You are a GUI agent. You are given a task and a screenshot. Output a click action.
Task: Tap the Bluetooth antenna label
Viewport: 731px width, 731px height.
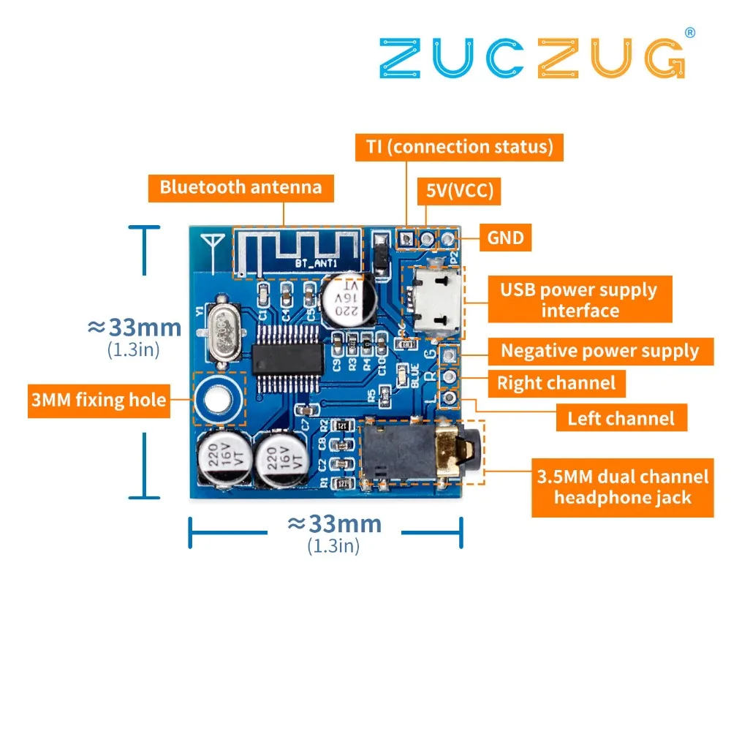point(240,187)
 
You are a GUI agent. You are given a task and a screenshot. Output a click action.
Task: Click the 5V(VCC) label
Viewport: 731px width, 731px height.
point(460,192)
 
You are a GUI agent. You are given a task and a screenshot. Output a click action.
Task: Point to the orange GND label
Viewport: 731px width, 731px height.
point(505,238)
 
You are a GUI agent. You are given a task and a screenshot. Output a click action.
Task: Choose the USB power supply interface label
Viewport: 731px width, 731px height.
point(579,300)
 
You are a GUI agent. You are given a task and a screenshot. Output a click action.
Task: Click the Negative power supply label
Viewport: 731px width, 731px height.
point(599,351)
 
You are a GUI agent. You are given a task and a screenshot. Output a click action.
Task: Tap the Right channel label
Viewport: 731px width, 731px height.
point(556,382)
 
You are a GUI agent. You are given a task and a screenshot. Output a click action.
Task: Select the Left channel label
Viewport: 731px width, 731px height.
point(621,418)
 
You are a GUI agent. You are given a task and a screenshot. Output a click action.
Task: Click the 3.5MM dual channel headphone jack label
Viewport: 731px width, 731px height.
point(622,488)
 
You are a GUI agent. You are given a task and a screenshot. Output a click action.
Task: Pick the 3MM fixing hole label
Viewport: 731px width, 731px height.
point(98,400)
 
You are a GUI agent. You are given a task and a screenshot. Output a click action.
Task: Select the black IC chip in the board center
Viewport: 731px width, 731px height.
point(288,357)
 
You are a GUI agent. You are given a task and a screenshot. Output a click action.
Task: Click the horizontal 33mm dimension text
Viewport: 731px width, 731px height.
point(334,523)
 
